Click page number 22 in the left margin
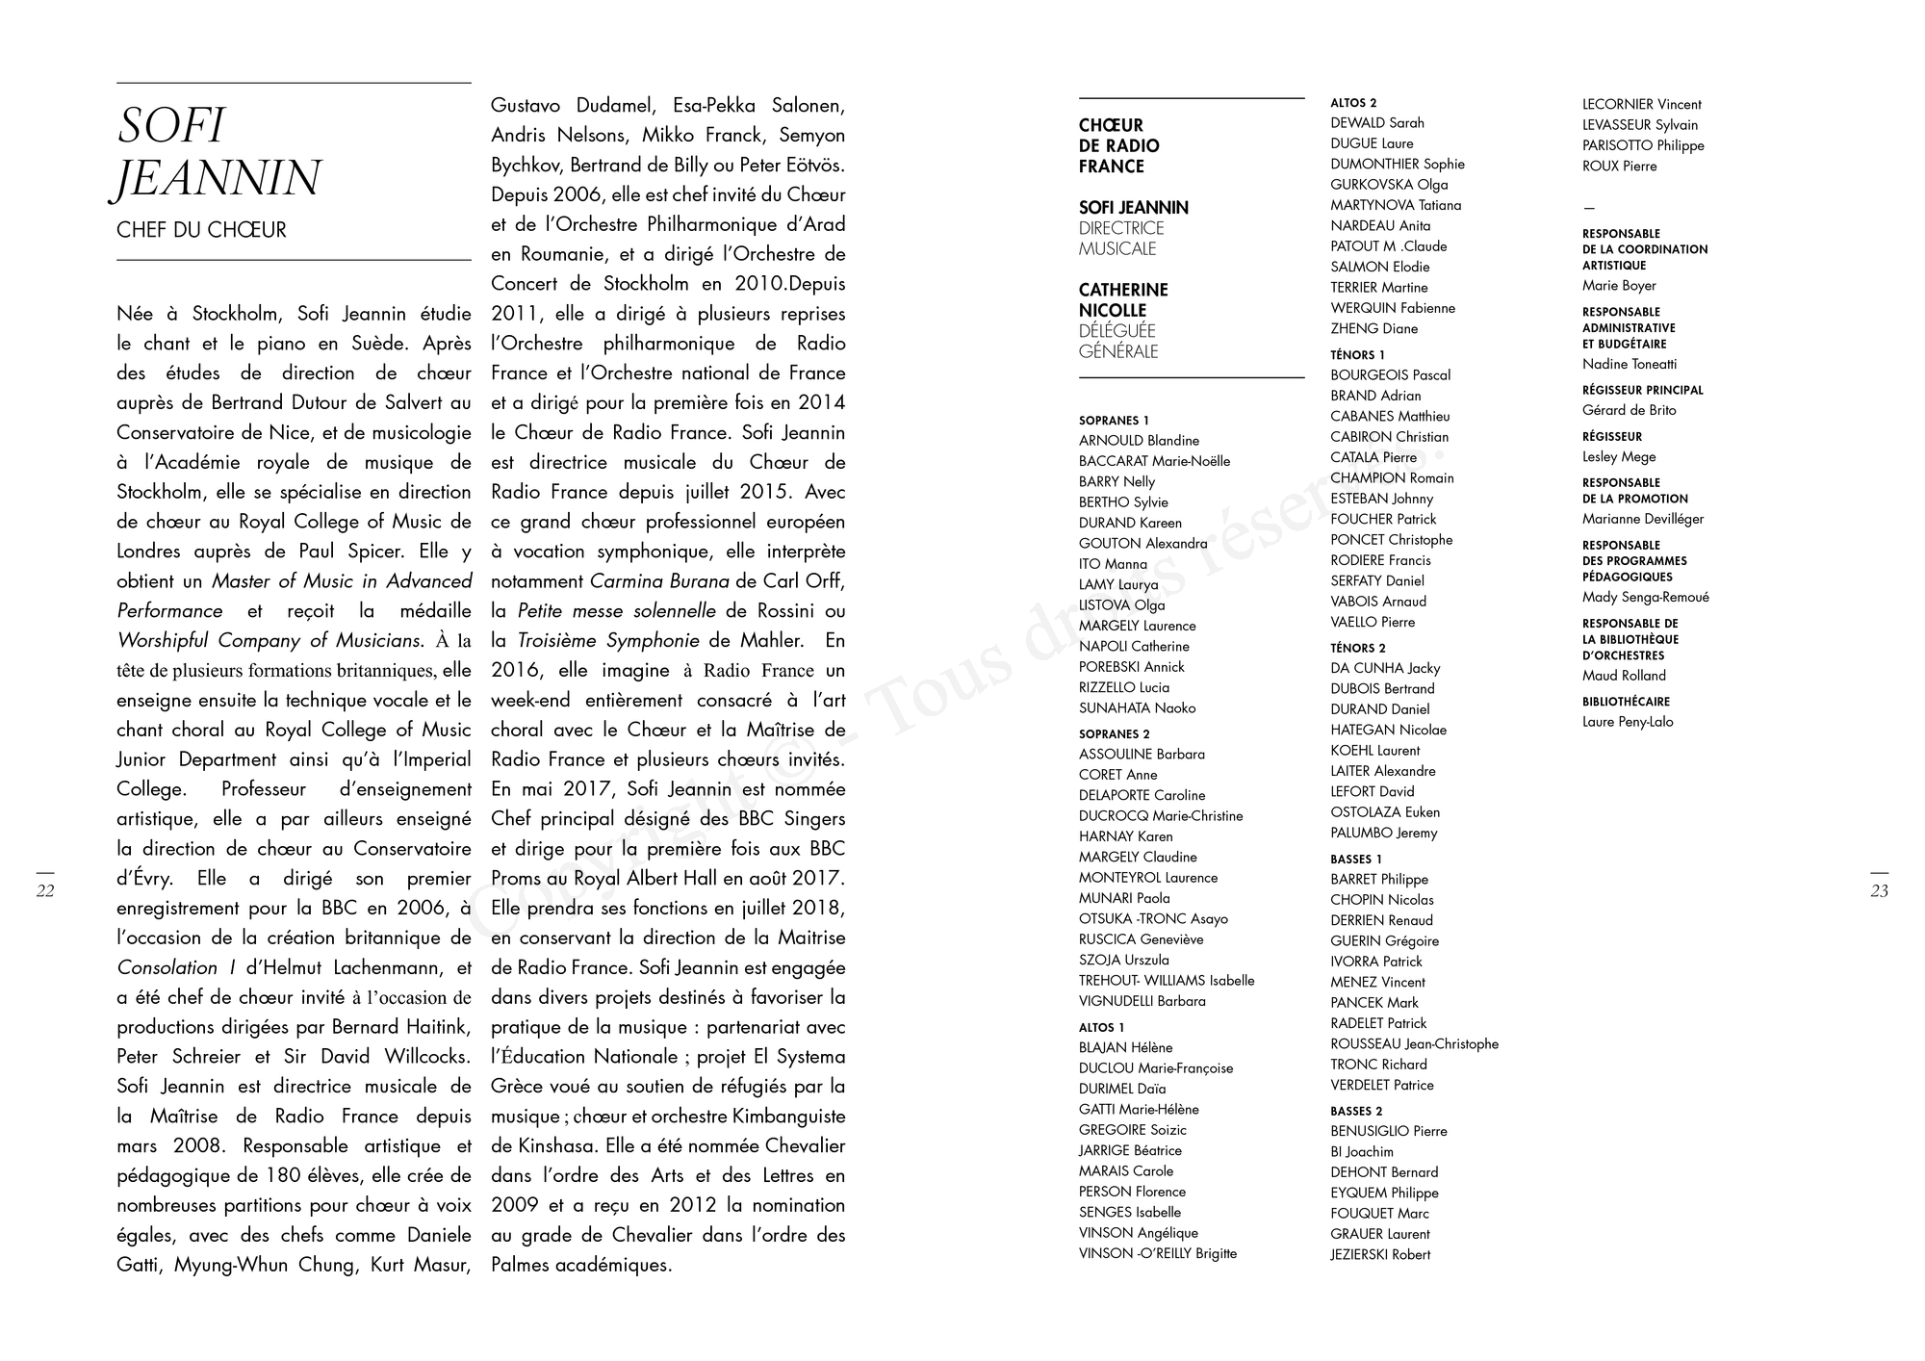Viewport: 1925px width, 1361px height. (45, 891)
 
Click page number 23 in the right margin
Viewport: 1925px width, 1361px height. (1879, 891)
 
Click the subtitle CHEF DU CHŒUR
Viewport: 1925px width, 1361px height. (201, 230)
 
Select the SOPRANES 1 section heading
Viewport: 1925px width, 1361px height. (1114, 421)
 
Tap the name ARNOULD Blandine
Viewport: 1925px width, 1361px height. (1139, 441)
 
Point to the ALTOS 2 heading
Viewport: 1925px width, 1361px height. (1353, 103)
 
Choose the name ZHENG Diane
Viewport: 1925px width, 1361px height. (1373, 329)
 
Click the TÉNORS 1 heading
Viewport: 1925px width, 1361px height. (1357, 355)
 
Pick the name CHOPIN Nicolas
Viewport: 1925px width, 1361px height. (1382, 900)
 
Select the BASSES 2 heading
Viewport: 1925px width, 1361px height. (1356, 1112)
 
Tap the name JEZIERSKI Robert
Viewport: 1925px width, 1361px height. (1380, 1255)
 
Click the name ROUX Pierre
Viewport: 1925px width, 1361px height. (1620, 167)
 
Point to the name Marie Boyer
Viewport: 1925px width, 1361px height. (1619, 286)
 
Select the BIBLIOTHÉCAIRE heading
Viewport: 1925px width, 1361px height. (1626, 703)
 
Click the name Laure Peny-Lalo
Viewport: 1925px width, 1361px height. (1628, 722)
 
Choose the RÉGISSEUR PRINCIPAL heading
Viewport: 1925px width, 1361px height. (1642, 391)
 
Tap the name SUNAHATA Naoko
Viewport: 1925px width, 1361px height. (1137, 708)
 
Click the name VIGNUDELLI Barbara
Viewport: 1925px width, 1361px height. (1142, 1002)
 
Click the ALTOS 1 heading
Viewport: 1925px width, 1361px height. (1101, 1028)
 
